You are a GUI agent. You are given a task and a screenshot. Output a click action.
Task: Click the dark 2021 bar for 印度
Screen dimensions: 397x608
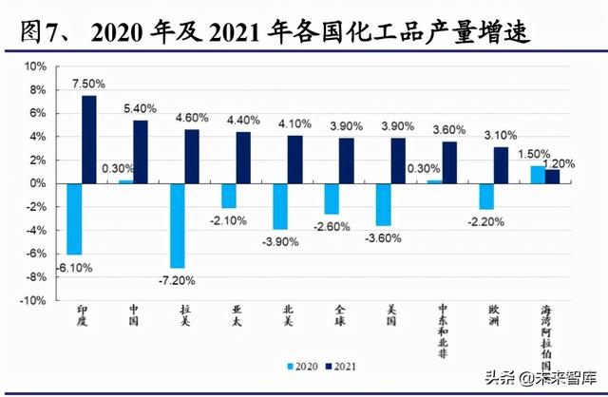[89, 139]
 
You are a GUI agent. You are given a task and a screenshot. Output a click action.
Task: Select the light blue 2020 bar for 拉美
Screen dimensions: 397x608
[177, 225]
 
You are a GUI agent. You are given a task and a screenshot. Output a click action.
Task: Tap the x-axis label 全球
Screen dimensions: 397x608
[339, 314]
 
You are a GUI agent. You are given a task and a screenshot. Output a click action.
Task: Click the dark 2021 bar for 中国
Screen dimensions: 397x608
[141, 151]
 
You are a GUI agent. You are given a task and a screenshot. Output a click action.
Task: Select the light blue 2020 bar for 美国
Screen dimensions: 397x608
[383, 203]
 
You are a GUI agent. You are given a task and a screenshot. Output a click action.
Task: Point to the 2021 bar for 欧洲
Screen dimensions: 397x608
[501, 164]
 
